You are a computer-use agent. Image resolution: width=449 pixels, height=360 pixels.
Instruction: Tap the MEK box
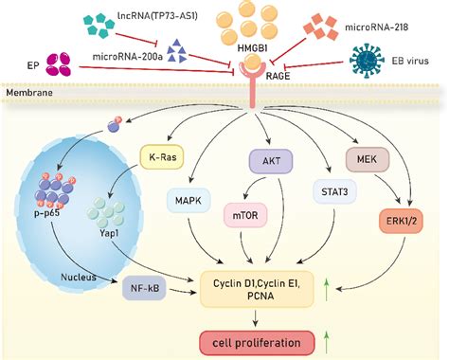pyautogui.click(x=368, y=160)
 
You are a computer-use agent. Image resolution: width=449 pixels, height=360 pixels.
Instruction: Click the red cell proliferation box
pyautogui.click(x=269, y=341)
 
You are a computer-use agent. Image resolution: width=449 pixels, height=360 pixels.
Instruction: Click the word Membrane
pyautogui.click(x=28, y=95)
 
